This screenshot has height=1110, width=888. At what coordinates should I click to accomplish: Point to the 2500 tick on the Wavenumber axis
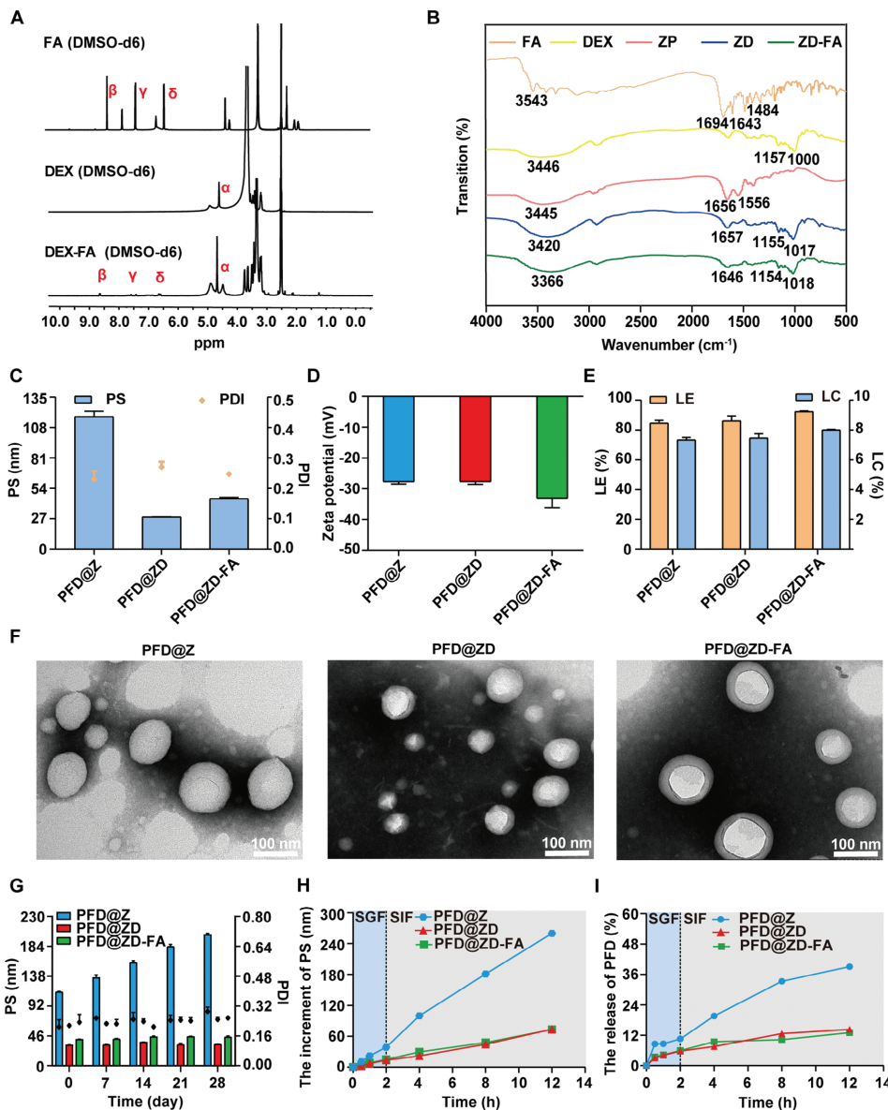point(641,321)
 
